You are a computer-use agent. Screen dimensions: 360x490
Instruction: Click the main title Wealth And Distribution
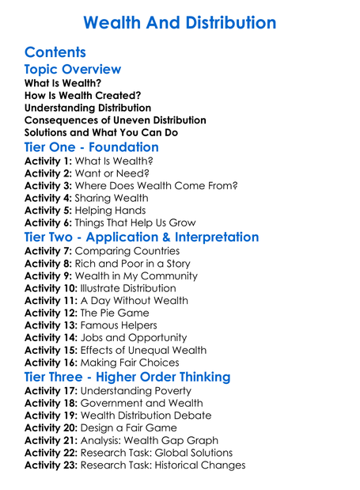click(180, 21)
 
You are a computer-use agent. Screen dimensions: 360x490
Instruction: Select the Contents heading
click(55, 52)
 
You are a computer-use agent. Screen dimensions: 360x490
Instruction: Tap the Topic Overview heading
click(73, 70)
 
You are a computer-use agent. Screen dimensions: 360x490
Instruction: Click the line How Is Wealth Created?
click(83, 95)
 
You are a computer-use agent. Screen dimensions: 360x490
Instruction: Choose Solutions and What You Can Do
click(101, 133)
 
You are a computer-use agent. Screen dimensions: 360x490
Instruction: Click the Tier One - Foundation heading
click(92, 147)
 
